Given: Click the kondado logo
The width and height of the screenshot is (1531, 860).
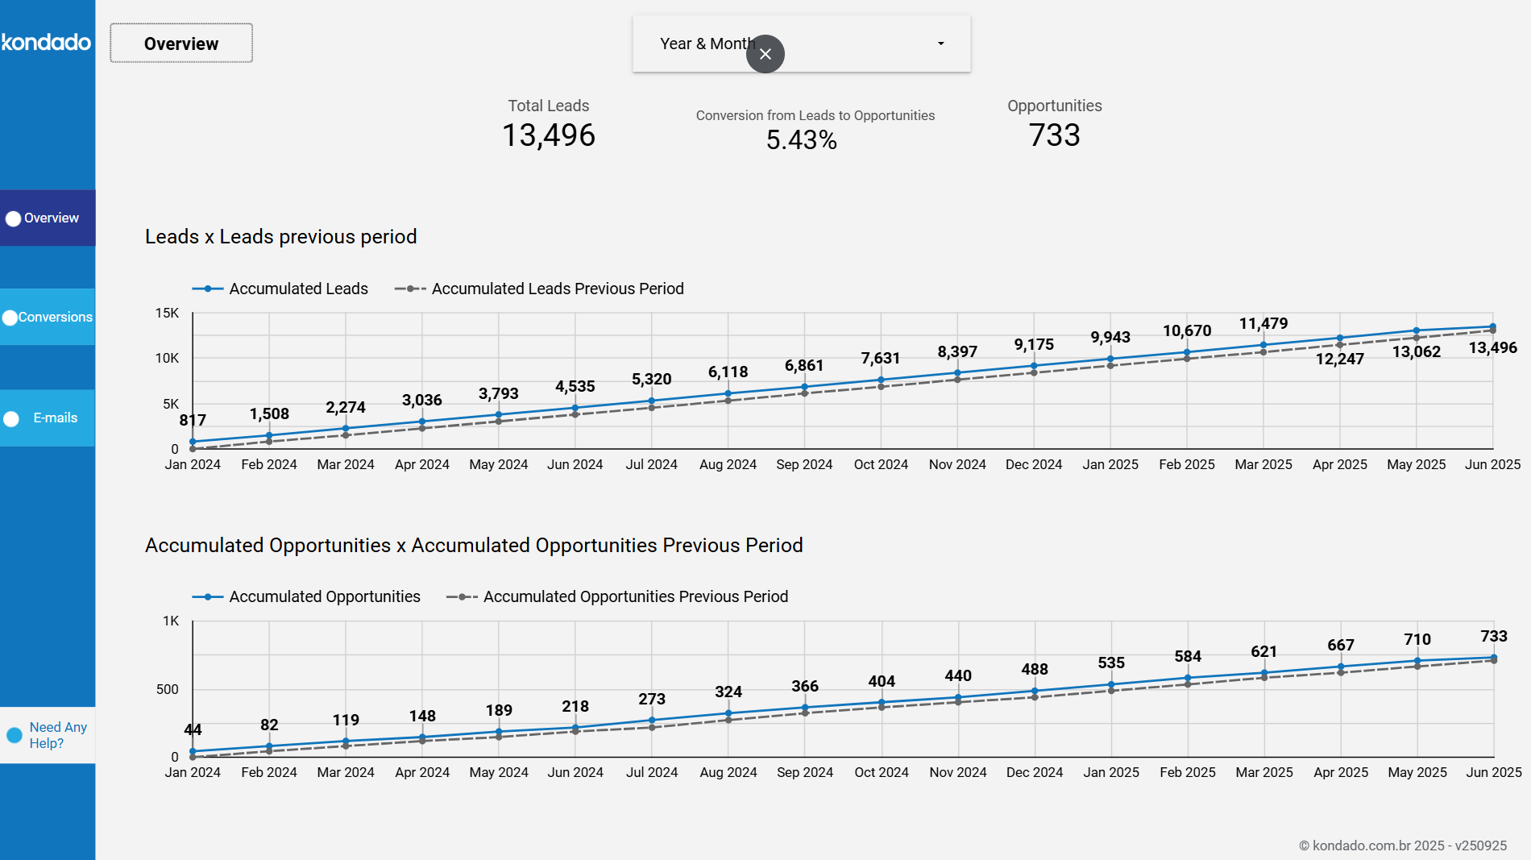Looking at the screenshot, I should [x=47, y=42].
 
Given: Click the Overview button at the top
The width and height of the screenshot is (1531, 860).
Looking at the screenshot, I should [x=181, y=44].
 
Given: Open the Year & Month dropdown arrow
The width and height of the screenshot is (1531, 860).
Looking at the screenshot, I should [x=940, y=44].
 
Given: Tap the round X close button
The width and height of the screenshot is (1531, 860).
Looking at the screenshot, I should [x=765, y=54].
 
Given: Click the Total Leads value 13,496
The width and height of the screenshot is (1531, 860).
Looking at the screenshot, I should [x=549, y=135].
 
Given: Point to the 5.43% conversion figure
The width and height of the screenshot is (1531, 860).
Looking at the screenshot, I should [x=802, y=140].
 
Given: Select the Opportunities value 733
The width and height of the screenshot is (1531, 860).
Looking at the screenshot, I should [x=1054, y=135].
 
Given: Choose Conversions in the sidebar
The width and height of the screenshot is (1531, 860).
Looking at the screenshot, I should [x=48, y=318].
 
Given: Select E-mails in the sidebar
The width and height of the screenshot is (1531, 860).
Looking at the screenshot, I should [x=48, y=418].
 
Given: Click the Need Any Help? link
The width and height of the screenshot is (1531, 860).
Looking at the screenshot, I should [x=56, y=735].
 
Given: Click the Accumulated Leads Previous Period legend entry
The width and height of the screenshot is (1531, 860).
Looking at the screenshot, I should [x=557, y=289].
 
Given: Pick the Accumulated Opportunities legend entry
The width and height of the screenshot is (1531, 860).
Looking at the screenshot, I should [x=324, y=596].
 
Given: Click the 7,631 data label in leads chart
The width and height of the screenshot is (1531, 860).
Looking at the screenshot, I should [x=881, y=358].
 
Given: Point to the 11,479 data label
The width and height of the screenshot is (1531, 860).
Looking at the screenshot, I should [x=1263, y=323].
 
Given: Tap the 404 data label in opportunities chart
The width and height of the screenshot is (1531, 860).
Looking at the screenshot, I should [x=882, y=681].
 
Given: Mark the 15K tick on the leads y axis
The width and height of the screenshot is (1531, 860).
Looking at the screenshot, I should [x=167, y=313].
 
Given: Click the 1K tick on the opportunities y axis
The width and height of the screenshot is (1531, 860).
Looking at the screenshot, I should [x=171, y=621].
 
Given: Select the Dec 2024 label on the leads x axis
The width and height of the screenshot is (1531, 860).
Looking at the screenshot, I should [x=1034, y=464].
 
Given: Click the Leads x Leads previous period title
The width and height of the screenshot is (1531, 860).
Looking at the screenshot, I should [x=281, y=236].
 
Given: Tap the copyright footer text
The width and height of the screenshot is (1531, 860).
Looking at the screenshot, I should [x=1402, y=845].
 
